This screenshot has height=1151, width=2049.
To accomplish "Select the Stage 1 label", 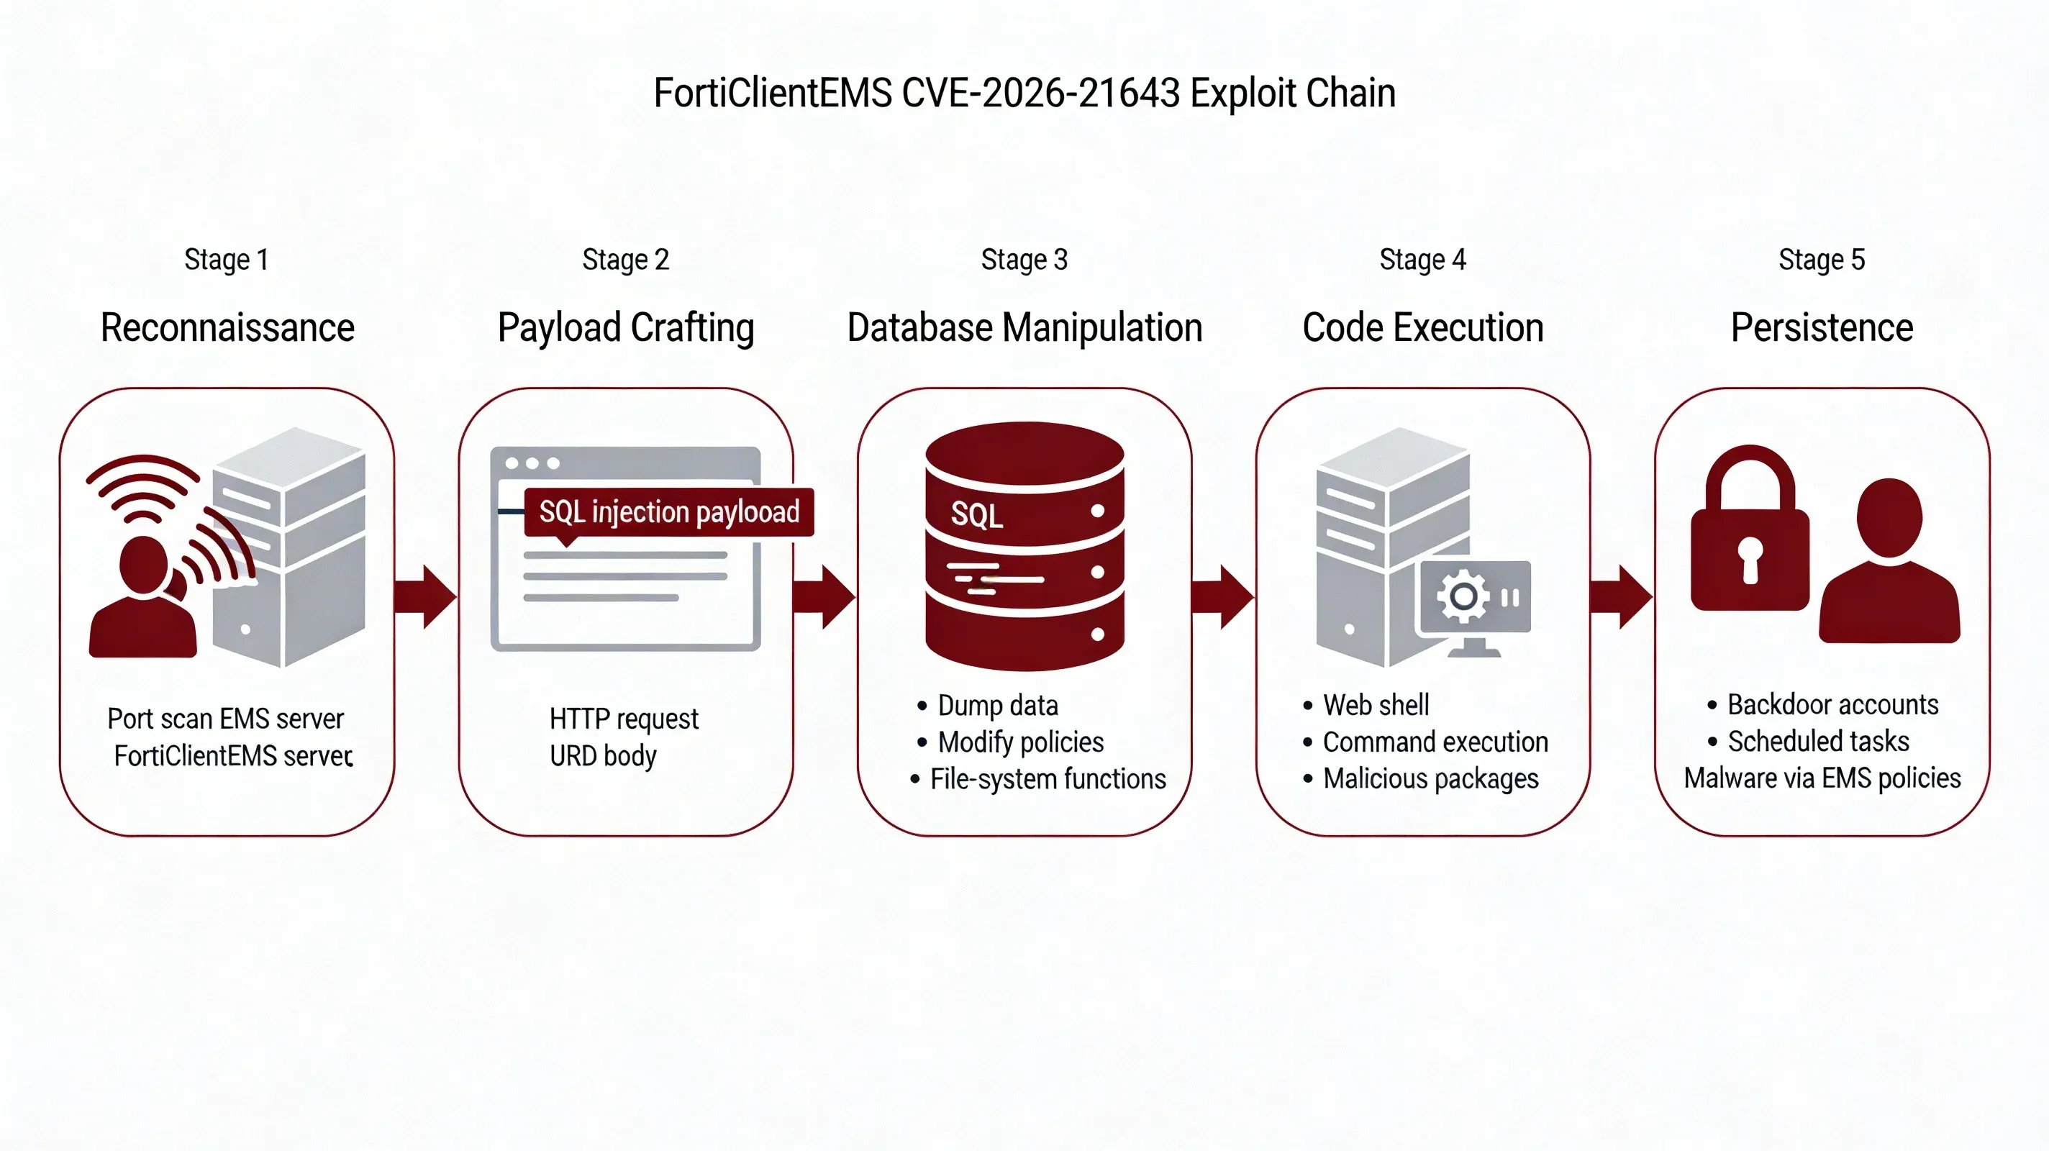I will coord(227,259).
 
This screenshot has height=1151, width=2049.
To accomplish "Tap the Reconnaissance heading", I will coord(227,328).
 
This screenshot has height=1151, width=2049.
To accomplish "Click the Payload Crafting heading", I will coord(626,328).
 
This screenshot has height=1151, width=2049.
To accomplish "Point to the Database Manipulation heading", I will coord(1024,328).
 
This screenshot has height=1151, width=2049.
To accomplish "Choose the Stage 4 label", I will coord(1422,259).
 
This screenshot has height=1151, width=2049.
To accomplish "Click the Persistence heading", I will coord(1822,328).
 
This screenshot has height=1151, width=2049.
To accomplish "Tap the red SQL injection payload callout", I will coord(669,512).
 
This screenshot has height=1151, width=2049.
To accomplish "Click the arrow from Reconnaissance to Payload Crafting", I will coord(425,596).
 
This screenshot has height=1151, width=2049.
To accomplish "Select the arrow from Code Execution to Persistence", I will coord(1621,596).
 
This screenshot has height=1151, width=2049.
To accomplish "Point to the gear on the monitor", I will coord(1463,596).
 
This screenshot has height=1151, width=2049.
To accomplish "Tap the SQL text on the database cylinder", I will coord(977,516).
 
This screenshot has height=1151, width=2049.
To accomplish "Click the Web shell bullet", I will coord(1376,705).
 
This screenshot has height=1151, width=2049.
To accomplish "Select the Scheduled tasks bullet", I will coord(1817,742).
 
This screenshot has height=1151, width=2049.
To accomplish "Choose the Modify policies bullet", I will coord(1020,742).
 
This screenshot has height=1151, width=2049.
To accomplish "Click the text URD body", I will coord(603,755).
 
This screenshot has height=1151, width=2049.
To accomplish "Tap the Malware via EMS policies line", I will coord(1822,778).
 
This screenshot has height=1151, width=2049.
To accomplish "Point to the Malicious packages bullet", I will coord(1430,779).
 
